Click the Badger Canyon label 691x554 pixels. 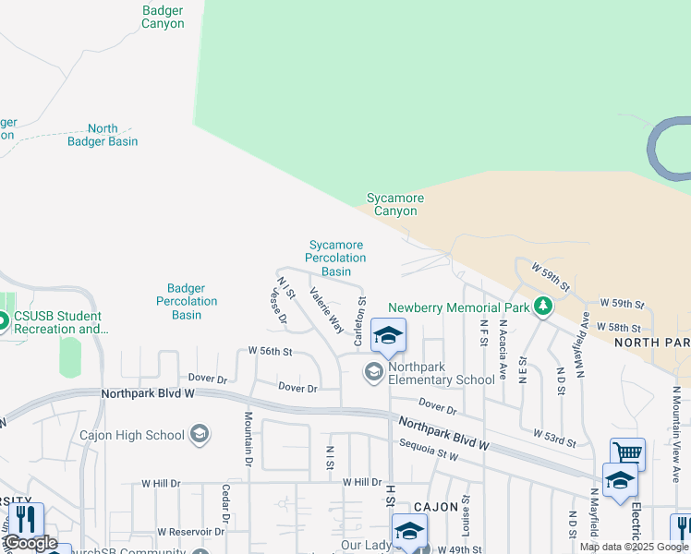(x=163, y=18)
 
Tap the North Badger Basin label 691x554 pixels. (x=103, y=135)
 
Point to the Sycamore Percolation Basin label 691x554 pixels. (x=336, y=259)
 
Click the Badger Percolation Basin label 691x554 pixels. (x=187, y=302)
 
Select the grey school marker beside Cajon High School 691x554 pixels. (x=199, y=434)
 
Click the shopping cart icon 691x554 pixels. (x=627, y=453)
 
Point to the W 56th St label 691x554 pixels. (x=271, y=352)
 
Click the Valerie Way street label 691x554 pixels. (x=326, y=310)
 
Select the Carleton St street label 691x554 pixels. (x=361, y=321)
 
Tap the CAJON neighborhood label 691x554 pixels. (x=436, y=507)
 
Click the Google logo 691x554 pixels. (x=30, y=543)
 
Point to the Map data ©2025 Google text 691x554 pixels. (x=634, y=547)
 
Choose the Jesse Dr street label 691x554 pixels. (x=278, y=307)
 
